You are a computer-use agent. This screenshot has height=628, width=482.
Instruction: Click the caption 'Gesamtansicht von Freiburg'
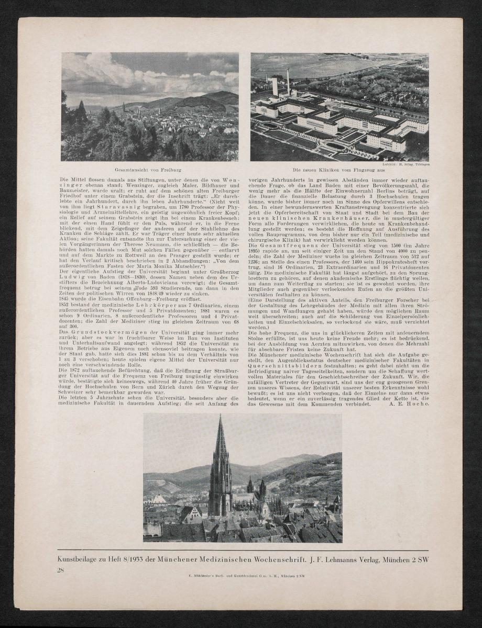(148, 171)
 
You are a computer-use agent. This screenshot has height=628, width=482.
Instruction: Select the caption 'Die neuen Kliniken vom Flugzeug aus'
(339, 170)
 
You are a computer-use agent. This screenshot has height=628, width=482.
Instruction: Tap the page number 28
(60, 570)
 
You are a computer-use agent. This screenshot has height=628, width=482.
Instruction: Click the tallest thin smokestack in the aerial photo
(288, 81)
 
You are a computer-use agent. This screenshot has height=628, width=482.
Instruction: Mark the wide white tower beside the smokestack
(275, 87)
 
